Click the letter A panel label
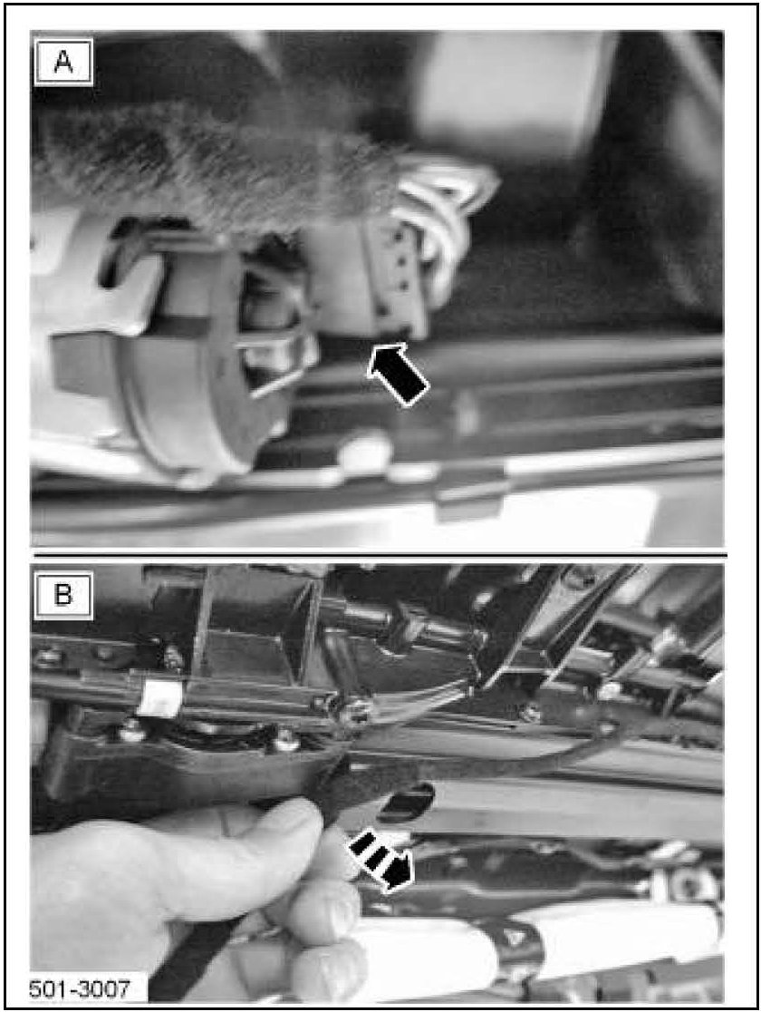coord(63,63)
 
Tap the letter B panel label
coord(63,595)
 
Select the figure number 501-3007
coord(80,988)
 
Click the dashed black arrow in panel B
coord(380,862)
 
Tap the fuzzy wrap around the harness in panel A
coord(213,168)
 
